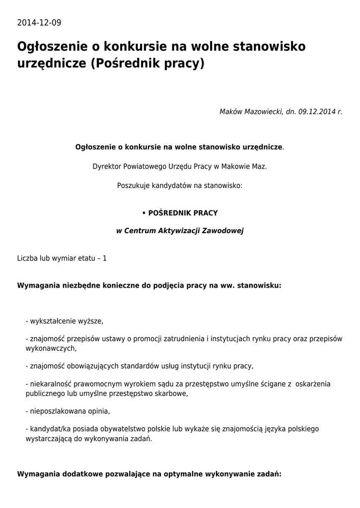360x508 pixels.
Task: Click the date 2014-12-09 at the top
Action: point(39,23)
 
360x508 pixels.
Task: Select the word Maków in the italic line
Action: point(231,112)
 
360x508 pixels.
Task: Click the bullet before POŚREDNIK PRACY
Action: point(144,213)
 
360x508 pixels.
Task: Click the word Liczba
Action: point(27,258)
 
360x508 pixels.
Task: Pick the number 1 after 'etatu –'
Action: point(105,258)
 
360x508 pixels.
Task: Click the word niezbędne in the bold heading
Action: point(72,286)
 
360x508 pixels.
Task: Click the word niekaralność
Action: point(51,384)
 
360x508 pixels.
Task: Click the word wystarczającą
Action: point(49,439)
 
